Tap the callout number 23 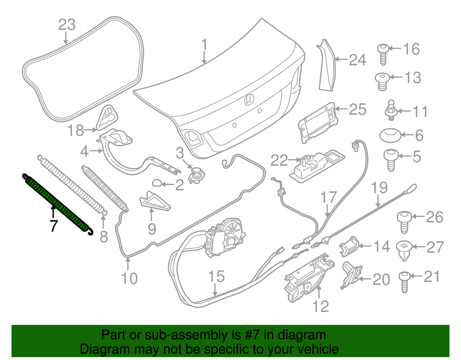(67, 25)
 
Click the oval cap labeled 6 (390, 135)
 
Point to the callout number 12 (320, 306)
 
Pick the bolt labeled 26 (404, 222)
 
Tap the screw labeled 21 (405, 281)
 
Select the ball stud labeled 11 (391, 110)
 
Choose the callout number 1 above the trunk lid (204, 45)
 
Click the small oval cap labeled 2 (157, 183)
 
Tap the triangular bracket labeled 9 (154, 201)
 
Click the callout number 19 (379, 188)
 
